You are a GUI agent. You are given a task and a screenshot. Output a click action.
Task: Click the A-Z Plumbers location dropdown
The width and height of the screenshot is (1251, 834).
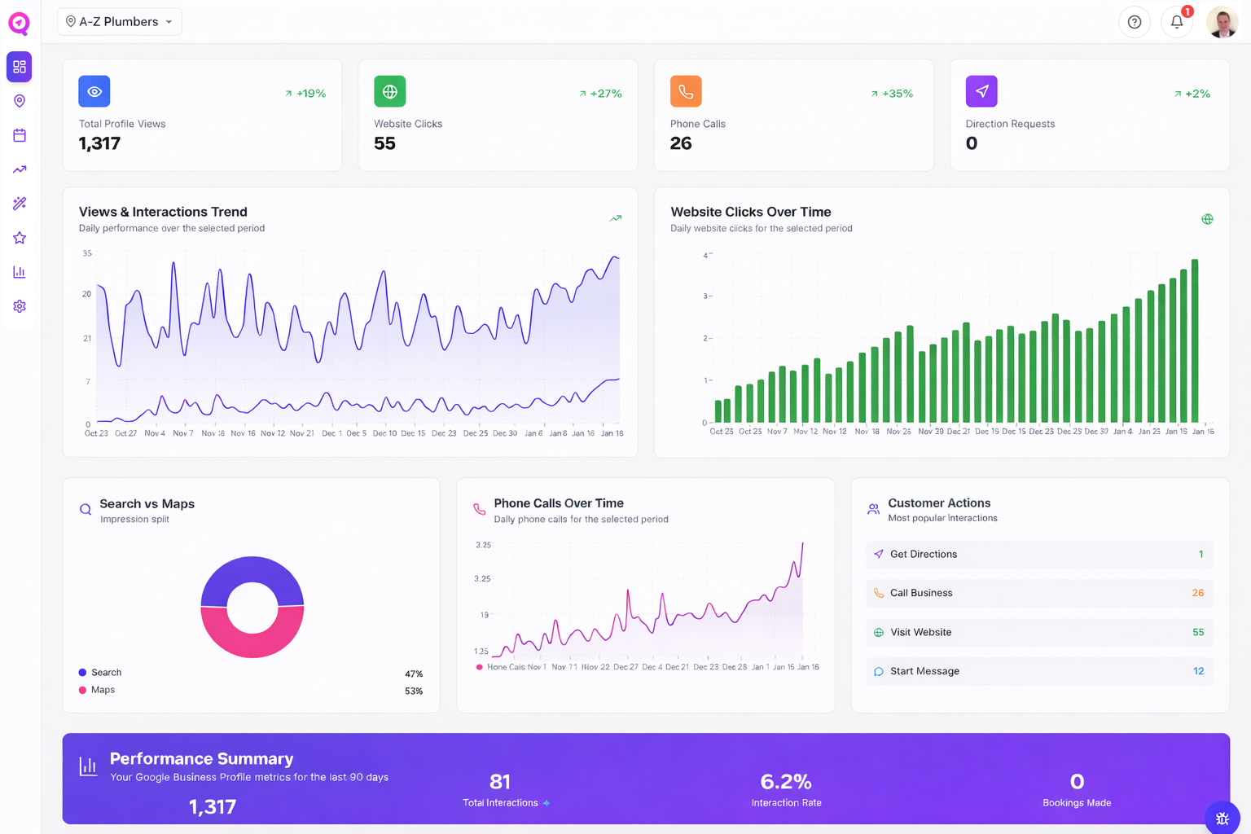[x=119, y=22]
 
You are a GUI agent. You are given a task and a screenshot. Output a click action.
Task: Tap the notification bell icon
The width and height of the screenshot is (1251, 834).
[x=1176, y=22]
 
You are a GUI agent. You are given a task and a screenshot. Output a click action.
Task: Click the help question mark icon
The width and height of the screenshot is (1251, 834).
[x=1134, y=22]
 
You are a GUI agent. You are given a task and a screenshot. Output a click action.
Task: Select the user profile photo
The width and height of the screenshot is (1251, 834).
[x=1222, y=22]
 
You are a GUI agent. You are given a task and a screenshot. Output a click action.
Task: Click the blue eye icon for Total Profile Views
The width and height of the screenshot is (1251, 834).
[x=94, y=91]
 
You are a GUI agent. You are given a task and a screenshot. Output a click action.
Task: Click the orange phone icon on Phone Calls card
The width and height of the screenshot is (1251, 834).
[x=686, y=91]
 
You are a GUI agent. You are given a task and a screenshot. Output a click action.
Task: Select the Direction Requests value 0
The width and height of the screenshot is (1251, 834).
[x=972, y=143]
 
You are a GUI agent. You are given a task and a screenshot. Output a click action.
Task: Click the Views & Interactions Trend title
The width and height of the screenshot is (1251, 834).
[x=163, y=212]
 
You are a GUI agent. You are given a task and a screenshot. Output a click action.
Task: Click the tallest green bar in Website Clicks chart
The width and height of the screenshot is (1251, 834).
[x=1195, y=340]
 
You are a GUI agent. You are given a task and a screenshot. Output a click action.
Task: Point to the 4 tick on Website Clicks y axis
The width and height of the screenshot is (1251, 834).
[x=705, y=255]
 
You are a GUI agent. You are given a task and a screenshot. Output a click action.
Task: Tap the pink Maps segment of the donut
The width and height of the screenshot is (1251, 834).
[x=252, y=639]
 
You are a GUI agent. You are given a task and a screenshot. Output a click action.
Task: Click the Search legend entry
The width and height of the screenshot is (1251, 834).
[x=106, y=673]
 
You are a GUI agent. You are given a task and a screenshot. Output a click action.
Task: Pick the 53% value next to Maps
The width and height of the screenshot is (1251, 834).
[x=414, y=691]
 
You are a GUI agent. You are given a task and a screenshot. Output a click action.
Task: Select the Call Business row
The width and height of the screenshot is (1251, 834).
[x=1038, y=593]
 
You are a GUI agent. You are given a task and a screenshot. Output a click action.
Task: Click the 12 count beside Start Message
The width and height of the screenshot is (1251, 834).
[x=1198, y=671]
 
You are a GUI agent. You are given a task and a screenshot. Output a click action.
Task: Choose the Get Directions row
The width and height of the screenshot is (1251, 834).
[x=1038, y=554]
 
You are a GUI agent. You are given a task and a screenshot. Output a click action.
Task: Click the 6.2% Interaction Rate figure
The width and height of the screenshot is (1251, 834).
[x=786, y=782]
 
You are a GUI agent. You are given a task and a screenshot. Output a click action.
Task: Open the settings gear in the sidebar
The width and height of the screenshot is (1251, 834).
[x=20, y=306]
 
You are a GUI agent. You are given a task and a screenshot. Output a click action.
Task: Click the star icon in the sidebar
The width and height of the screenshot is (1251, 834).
[x=20, y=238]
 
